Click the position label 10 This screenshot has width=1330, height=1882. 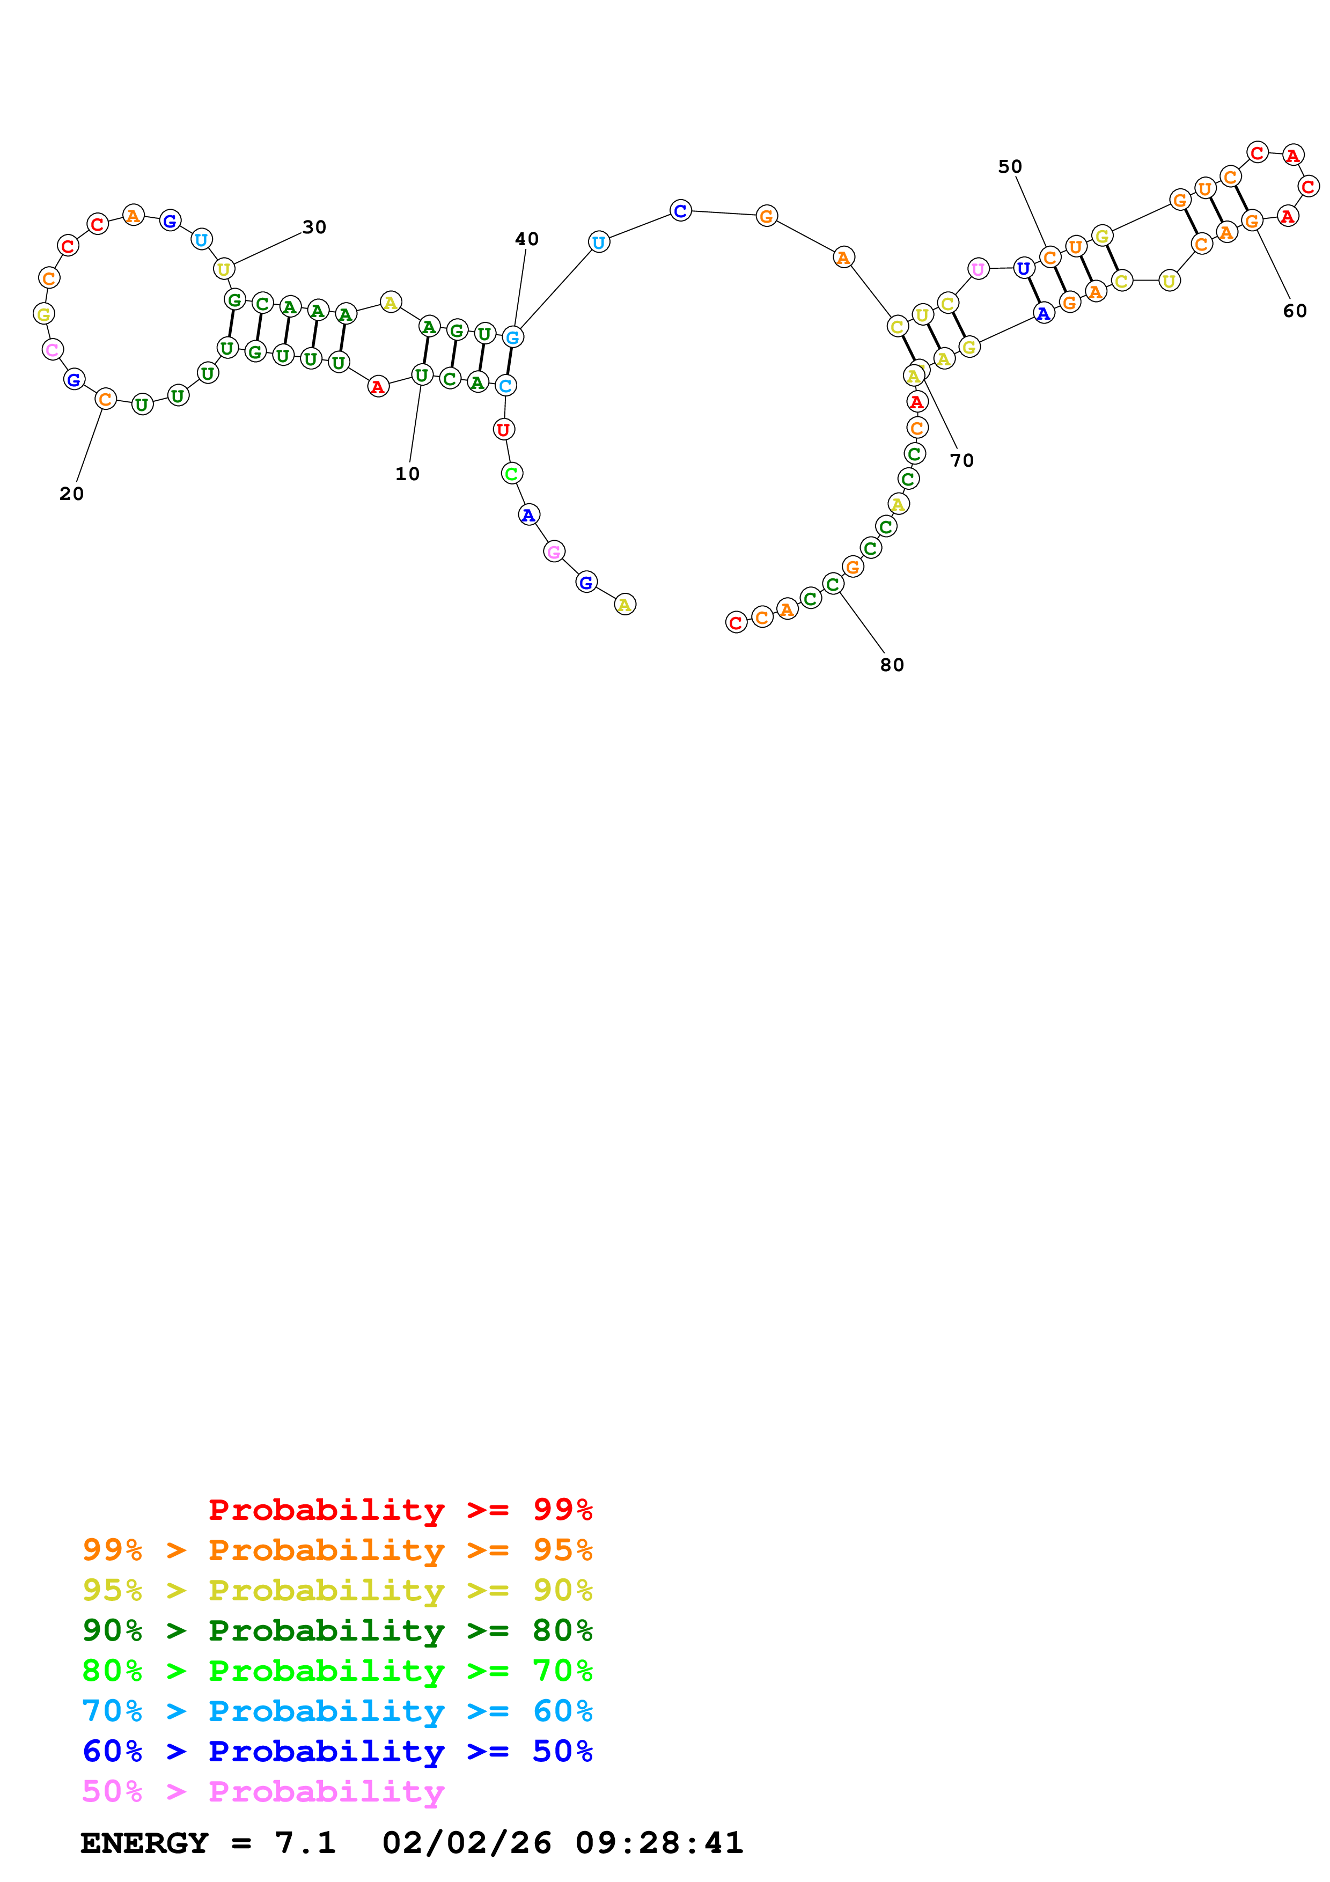pyautogui.click(x=407, y=474)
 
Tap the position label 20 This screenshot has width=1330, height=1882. pyautogui.click(x=71, y=494)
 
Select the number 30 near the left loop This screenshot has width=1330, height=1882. pyautogui.click(x=314, y=227)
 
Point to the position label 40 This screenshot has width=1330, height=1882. pyautogui.click(x=527, y=239)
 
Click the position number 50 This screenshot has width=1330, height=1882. pyautogui.click(x=1010, y=166)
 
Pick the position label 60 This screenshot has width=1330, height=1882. pyautogui.click(x=1295, y=311)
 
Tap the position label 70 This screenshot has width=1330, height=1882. pyautogui.click(x=962, y=461)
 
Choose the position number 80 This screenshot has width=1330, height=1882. pyautogui.click(x=892, y=665)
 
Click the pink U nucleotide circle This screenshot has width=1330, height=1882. pyautogui.click(x=978, y=269)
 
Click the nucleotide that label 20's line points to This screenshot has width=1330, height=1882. pyautogui.click(x=105, y=399)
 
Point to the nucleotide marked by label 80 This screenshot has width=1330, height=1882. pyautogui.click(x=833, y=584)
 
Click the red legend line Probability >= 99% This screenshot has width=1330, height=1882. pyautogui.click(x=400, y=1509)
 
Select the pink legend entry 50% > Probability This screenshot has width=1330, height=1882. pyautogui.click(x=262, y=1791)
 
